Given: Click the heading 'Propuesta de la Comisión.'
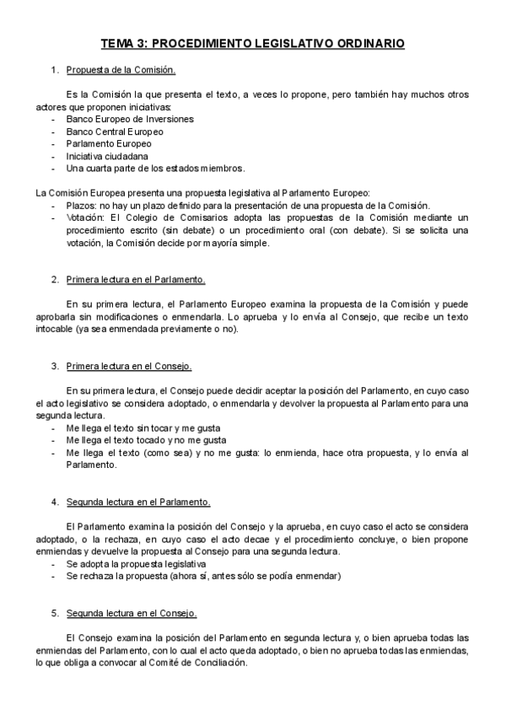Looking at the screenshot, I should [x=121, y=70].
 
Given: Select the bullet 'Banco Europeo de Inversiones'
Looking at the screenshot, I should [x=130, y=120].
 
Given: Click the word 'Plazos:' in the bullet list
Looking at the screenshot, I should [x=82, y=206].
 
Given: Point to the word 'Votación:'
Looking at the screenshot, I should [x=88, y=218].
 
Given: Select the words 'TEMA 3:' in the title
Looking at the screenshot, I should [x=124, y=42].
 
